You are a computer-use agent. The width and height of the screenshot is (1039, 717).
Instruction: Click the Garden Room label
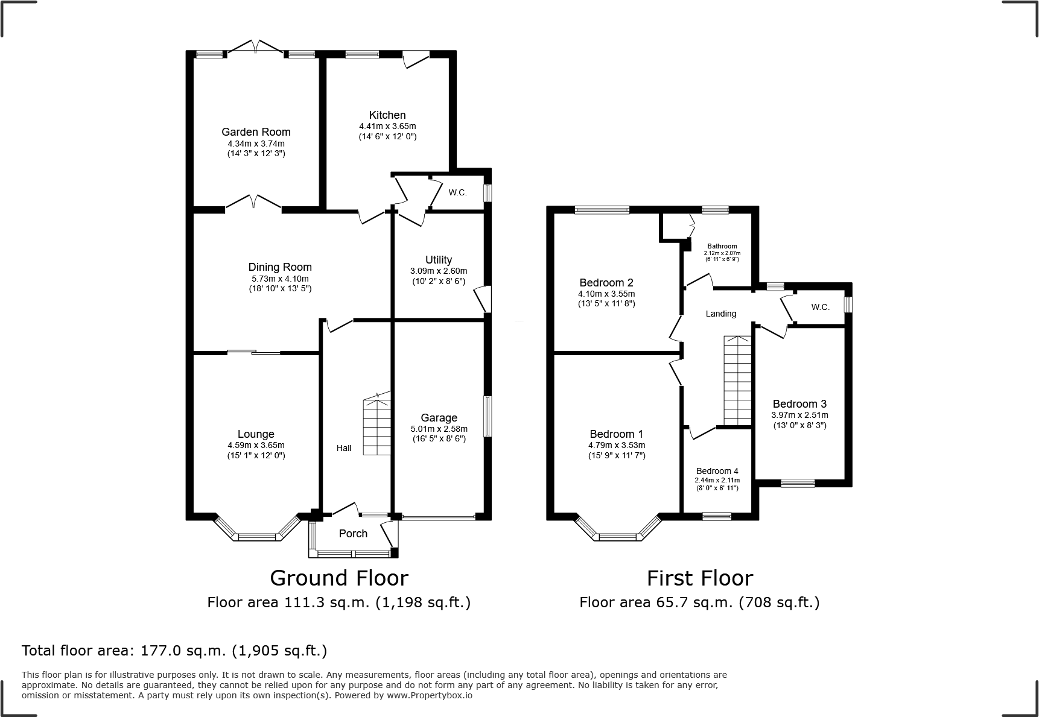[x=256, y=132]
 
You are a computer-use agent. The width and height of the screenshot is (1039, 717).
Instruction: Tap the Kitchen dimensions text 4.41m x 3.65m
[x=387, y=127]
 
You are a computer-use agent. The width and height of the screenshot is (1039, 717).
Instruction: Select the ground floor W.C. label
[x=457, y=192]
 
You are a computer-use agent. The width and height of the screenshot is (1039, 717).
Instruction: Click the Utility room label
[x=439, y=260]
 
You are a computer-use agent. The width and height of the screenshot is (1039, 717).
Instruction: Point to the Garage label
[x=439, y=418]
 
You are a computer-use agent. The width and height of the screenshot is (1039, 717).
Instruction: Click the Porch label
[x=353, y=534]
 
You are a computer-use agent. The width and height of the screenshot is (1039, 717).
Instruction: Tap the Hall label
[x=344, y=448]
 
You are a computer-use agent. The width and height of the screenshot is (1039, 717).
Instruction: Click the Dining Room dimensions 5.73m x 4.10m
[x=280, y=279]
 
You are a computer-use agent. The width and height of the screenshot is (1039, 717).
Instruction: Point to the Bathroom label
[x=722, y=246]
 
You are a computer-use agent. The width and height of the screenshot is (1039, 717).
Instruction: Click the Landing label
[x=721, y=314]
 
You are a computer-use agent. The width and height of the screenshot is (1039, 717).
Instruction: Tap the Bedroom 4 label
[x=717, y=472]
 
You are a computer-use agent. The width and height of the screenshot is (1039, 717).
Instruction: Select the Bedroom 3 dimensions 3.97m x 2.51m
[x=799, y=415]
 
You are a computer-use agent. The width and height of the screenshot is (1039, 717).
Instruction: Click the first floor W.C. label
[x=820, y=307]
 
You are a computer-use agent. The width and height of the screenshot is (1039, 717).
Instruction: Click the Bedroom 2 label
[x=606, y=283]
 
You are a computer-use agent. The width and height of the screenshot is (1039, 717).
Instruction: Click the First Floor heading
[x=700, y=578]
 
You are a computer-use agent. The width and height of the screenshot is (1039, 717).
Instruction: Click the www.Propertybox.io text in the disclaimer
[x=430, y=695]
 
